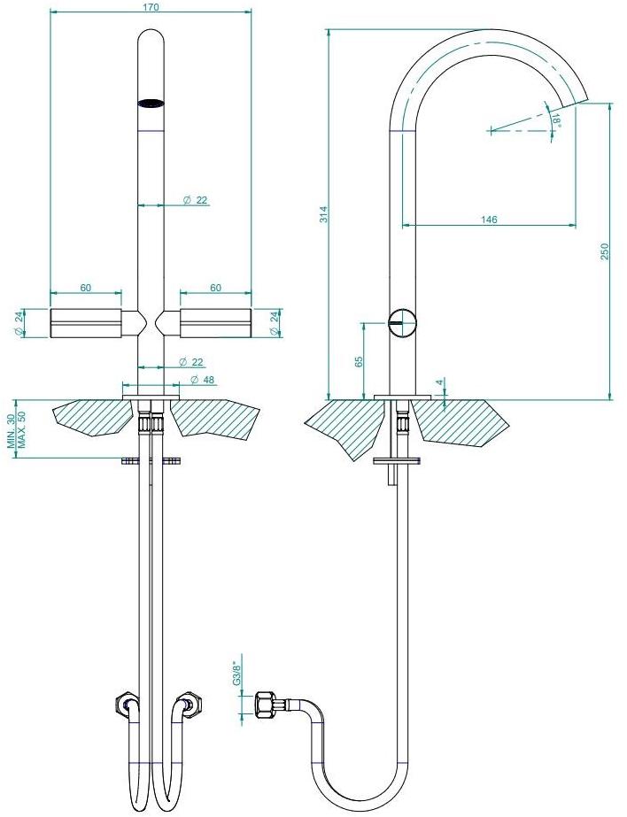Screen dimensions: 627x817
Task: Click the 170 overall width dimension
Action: (150, 7)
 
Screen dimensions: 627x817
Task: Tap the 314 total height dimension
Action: (323, 214)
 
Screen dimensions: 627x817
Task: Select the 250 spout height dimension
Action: (605, 251)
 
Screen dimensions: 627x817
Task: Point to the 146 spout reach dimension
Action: (489, 220)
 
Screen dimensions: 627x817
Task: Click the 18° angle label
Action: (557, 120)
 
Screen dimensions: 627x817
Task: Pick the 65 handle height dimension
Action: (359, 362)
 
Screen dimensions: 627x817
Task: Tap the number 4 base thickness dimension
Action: (440, 382)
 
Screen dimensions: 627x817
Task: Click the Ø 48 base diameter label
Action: (202, 380)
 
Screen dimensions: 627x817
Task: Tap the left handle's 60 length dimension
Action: (86, 288)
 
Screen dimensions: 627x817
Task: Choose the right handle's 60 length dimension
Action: (216, 288)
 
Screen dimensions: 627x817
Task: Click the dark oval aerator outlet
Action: (151, 104)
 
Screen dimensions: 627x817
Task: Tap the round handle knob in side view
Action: (404, 323)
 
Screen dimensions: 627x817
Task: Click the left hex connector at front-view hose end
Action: (125, 704)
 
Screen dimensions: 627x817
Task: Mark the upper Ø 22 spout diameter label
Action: (196, 200)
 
